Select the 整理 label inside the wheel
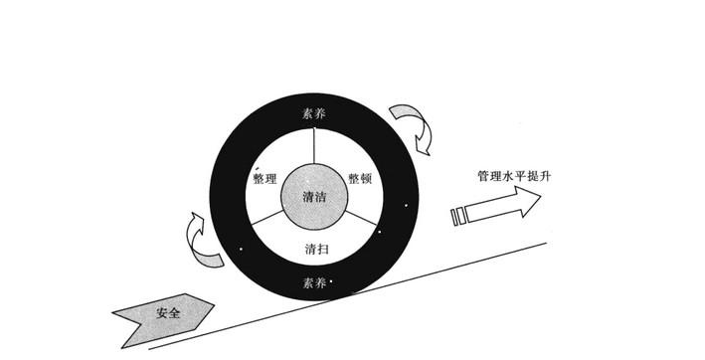click(x=264, y=180)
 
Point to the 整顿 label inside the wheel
click(x=360, y=179)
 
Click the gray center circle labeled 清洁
click(x=315, y=197)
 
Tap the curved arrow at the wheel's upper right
click(x=415, y=124)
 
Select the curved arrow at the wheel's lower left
click(x=204, y=243)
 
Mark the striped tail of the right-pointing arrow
click(x=460, y=215)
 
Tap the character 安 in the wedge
click(x=161, y=314)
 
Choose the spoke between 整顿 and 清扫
click(x=363, y=222)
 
